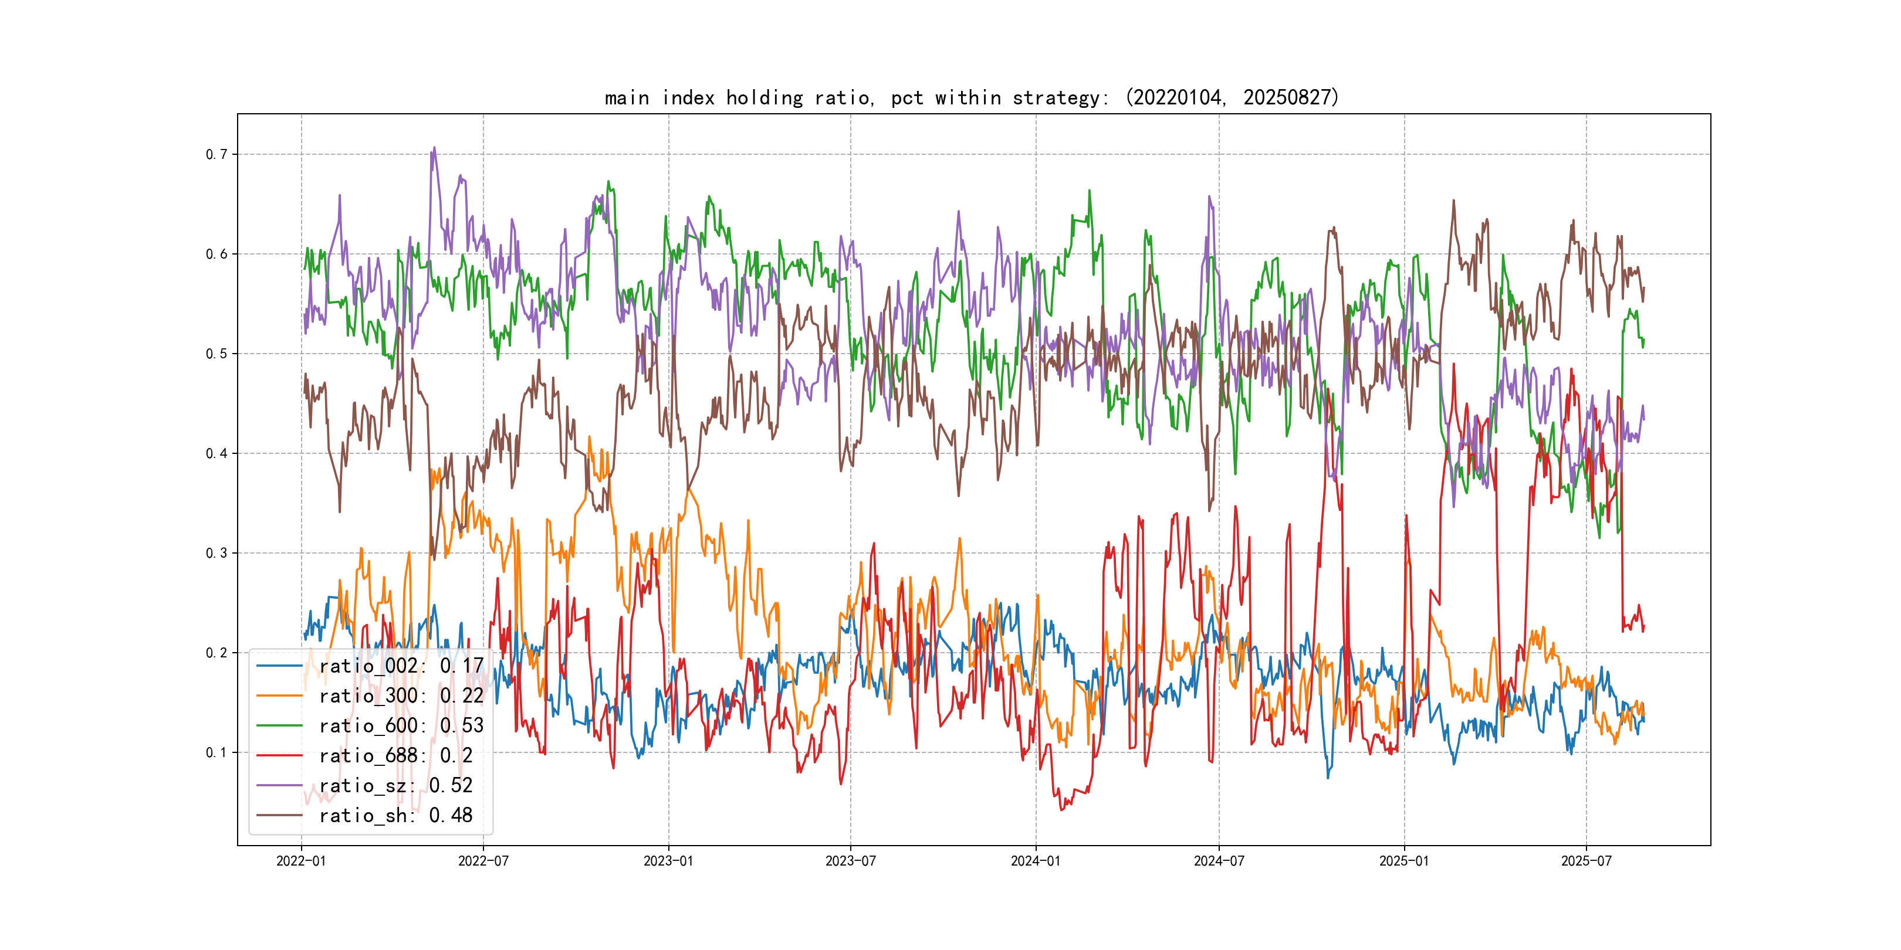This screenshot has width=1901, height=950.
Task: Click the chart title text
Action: pos(971,97)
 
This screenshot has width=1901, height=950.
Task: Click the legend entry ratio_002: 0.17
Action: pos(401,666)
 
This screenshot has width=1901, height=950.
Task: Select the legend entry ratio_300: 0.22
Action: pos(401,695)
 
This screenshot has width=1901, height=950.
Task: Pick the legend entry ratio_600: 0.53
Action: pos(401,726)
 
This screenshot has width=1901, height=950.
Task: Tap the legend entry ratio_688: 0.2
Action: pos(395,755)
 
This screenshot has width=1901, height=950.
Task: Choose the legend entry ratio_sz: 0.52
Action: pos(395,786)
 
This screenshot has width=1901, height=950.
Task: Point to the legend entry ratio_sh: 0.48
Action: pos(395,815)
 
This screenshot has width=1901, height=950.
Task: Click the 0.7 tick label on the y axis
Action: pos(217,154)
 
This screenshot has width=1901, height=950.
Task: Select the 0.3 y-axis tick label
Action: pos(217,553)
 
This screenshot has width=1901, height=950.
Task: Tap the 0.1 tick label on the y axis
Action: pos(217,752)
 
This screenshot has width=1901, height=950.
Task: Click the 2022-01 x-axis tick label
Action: pos(301,861)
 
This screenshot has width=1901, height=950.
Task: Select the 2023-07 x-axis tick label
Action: pos(850,861)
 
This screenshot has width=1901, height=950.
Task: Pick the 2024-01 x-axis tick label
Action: pos(1036,861)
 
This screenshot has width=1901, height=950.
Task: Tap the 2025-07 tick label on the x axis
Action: pos(1586,861)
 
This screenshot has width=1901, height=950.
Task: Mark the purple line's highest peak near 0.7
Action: pos(434,148)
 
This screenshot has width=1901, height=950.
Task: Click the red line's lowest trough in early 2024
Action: pos(1062,810)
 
